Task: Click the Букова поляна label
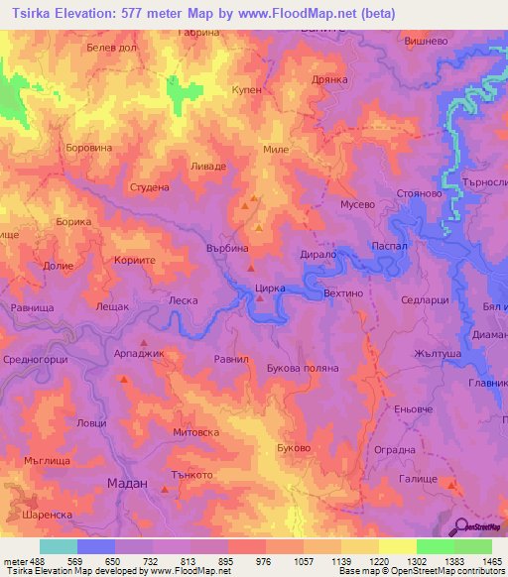click(x=304, y=368)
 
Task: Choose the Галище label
click(x=418, y=478)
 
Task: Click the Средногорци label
click(x=35, y=360)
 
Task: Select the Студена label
click(x=150, y=186)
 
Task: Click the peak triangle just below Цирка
click(x=260, y=297)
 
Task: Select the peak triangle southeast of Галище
click(x=451, y=485)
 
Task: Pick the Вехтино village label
click(x=345, y=294)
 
